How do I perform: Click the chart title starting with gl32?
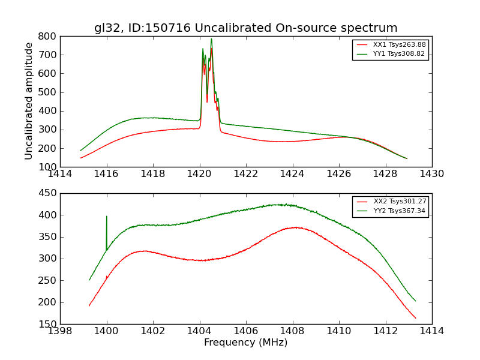pyautogui.click(x=245, y=28)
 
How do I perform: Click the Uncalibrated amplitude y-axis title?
pyautogui.click(x=29, y=101)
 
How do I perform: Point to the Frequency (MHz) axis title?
pyautogui.click(x=245, y=343)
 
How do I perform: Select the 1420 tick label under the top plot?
pyautogui.click(x=199, y=174)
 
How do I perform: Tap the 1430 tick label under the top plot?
pyautogui.click(x=431, y=174)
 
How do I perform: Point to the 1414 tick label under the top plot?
pyautogui.click(x=60, y=174)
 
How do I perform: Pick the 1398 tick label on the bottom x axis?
pyautogui.click(x=60, y=331)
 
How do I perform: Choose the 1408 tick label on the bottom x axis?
pyautogui.click(x=292, y=331)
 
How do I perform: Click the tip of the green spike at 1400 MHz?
pyautogui.click(x=107, y=216)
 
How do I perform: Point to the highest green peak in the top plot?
pyautogui.click(x=211, y=39)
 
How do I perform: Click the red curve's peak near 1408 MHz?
pyautogui.click(x=295, y=227)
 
